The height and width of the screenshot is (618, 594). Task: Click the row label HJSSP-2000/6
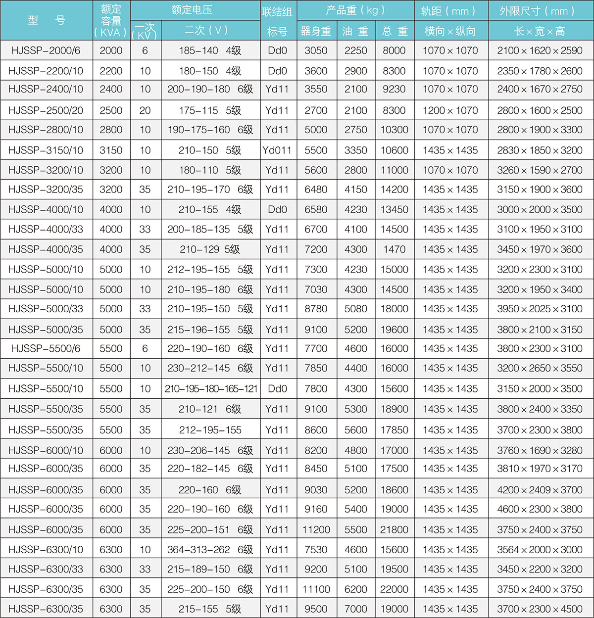pyautogui.click(x=46, y=50)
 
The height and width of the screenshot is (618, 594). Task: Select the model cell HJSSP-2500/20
pyautogui.click(x=46, y=110)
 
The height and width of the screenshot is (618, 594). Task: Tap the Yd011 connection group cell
pyautogui.click(x=277, y=150)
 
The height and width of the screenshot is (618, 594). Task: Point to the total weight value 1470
pyautogui.click(x=395, y=249)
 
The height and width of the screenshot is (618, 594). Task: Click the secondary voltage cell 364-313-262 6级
pyautogui.click(x=210, y=549)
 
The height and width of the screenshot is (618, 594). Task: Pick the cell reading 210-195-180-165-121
pyautogui.click(x=211, y=389)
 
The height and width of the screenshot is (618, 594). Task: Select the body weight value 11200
pyautogui.click(x=316, y=529)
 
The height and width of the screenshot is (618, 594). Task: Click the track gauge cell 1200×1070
pyautogui.click(x=450, y=110)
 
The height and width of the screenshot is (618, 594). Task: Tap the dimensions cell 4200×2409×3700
pyautogui.click(x=540, y=490)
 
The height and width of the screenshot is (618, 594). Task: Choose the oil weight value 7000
pyautogui.click(x=356, y=609)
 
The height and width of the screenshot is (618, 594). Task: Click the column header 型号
pyautogui.click(x=46, y=20)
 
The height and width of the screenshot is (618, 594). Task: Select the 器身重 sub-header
pyautogui.click(x=316, y=31)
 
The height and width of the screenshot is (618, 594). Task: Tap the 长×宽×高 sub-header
pyautogui.click(x=540, y=31)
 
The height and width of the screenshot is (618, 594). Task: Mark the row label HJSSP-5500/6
pyautogui.click(x=46, y=348)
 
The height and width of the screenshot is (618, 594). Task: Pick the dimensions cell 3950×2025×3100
pyautogui.click(x=540, y=309)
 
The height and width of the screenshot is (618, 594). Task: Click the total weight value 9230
pyautogui.click(x=395, y=89)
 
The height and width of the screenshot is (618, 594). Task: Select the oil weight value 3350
pyautogui.click(x=356, y=150)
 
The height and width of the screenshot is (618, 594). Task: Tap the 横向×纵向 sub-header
pyautogui.click(x=450, y=31)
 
